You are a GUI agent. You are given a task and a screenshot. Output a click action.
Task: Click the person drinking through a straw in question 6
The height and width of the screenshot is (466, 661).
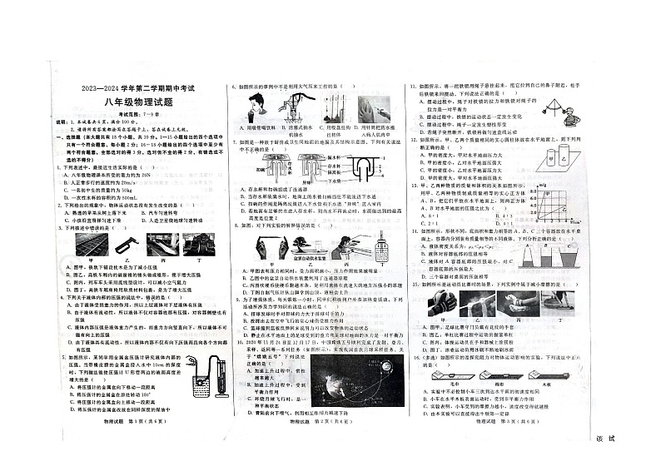255,106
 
